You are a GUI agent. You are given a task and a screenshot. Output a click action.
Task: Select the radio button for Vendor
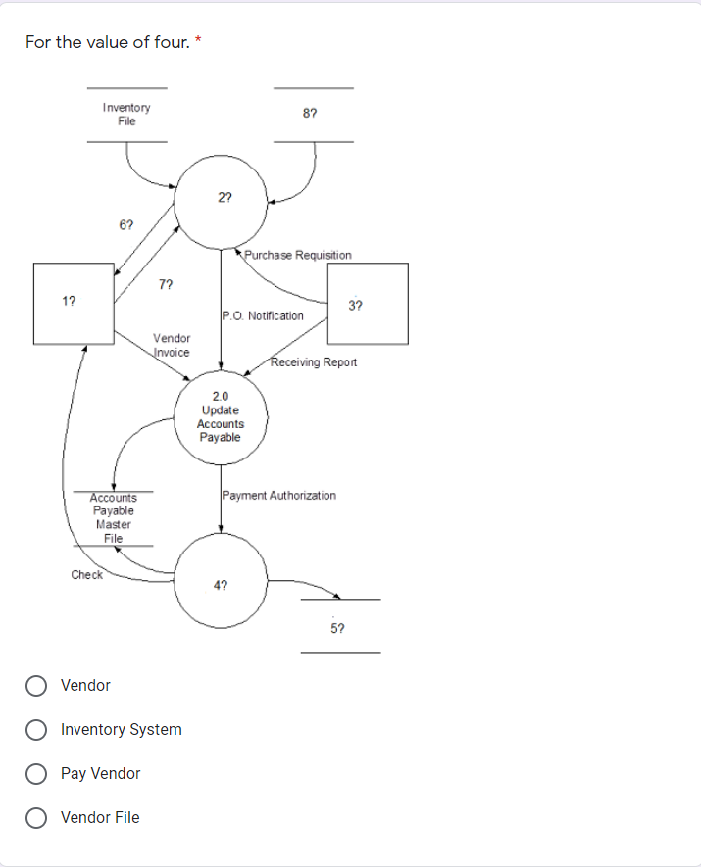point(37,685)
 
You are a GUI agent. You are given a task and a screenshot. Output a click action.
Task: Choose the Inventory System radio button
point(37,729)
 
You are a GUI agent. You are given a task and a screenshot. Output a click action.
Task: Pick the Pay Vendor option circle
point(37,773)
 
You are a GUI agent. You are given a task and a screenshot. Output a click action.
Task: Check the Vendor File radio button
point(37,817)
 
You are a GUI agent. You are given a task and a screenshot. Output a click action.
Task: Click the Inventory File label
point(126,115)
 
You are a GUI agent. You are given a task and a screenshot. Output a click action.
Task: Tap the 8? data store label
point(310,115)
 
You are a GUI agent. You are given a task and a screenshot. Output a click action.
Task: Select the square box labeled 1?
point(74,303)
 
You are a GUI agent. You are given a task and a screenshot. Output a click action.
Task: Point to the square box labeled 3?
point(367,304)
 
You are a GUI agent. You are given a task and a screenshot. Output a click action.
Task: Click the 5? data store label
point(338,626)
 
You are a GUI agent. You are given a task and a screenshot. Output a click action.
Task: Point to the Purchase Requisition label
point(298,255)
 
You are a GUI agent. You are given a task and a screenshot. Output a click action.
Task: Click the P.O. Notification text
point(263,315)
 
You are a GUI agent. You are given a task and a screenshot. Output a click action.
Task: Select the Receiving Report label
point(314,362)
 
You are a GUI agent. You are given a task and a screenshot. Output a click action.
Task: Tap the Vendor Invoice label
point(172,345)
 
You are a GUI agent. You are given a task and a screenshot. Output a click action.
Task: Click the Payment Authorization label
point(279,496)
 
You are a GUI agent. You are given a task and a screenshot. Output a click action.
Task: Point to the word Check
point(86,575)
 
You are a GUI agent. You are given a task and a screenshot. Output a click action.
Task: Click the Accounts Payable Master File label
point(114,517)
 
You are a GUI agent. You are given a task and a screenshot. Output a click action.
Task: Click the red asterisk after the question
point(200,40)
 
